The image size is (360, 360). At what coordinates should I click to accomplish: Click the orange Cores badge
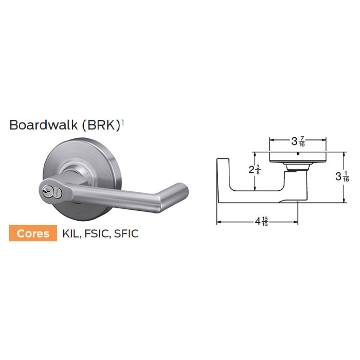point(33,233)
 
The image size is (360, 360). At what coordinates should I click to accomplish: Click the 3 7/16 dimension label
point(299,140)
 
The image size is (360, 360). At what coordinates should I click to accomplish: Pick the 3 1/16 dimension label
point(343,176)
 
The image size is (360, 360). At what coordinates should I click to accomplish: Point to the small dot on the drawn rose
point(298,153)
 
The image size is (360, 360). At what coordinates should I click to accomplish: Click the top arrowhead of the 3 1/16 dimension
point(342,153)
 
